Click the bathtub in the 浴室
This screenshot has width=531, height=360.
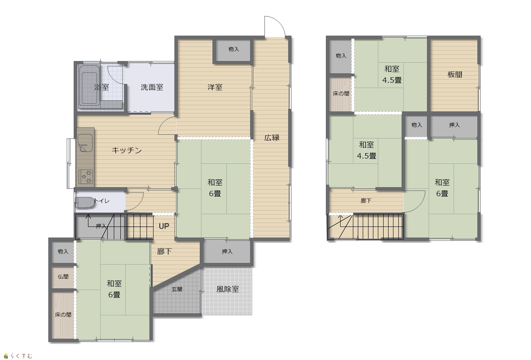coord(89,85)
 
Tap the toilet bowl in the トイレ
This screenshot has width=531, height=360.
coord(85,203)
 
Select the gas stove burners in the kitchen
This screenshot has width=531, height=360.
coord(86,177)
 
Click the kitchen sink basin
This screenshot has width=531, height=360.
coord(85,143)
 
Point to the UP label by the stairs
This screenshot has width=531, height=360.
coord(164,226)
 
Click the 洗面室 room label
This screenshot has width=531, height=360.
coord(152,87)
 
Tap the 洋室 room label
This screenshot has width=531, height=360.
coord(215,87)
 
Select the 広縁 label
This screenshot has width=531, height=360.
coord(272,138)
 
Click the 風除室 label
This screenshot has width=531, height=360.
coord(227,289)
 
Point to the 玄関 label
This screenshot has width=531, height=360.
coord(177,289)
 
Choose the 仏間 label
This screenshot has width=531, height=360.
coord(63,276)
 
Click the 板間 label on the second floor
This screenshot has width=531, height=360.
coord(455,75)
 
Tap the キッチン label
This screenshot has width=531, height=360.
coord(127,150)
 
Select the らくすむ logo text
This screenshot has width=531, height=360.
coord(21,356)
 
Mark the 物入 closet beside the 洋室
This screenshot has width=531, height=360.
coord(233,49)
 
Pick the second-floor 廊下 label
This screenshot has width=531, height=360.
coord(366,201)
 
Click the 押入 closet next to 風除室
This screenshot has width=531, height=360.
coord(227,251)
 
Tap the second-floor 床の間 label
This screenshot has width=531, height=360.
coord(341,93)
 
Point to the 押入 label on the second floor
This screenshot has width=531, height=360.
coord(454,125)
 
